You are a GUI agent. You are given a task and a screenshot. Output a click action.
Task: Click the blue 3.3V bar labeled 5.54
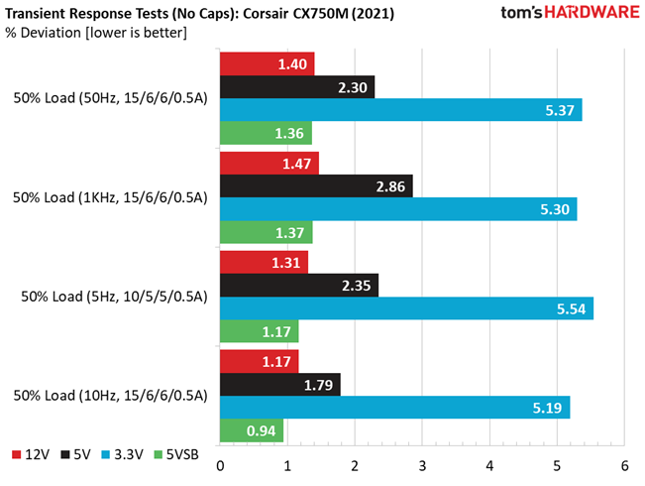(405, 308)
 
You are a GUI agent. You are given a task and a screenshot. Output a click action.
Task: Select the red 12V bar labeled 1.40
(267, 63)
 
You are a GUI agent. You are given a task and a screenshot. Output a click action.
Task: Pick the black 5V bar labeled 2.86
(315, 185)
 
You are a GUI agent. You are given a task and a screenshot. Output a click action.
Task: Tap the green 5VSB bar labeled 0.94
(251, 430)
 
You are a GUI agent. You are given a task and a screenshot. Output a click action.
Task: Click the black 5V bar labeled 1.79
(279, 384)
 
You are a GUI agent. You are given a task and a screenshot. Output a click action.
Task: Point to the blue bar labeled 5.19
(394, 408)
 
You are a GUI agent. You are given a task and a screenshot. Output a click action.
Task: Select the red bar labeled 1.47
(269, 163)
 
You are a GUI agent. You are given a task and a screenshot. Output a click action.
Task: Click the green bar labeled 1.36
(265, 133)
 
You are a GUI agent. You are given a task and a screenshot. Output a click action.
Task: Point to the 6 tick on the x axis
(624, 466)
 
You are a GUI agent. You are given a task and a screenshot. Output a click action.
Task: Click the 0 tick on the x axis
(219, 466)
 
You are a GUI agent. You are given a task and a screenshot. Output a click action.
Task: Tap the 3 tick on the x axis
(422, 466)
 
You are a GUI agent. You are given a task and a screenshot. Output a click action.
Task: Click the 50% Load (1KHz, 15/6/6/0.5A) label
(110, 197)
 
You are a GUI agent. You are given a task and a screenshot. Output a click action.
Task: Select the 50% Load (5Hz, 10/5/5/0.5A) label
(110, 297)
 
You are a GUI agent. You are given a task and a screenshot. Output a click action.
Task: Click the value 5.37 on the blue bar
(560, 110)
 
